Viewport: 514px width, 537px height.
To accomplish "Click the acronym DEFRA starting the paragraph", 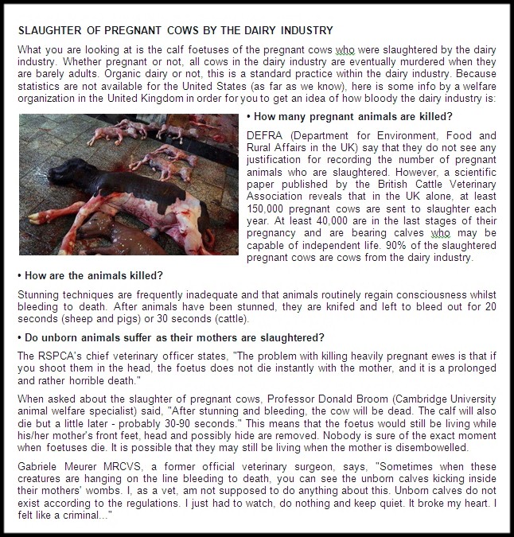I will [264, 135].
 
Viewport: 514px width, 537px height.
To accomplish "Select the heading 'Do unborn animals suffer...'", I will [170, 337].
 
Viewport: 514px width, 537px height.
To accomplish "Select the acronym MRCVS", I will [111, 462].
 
